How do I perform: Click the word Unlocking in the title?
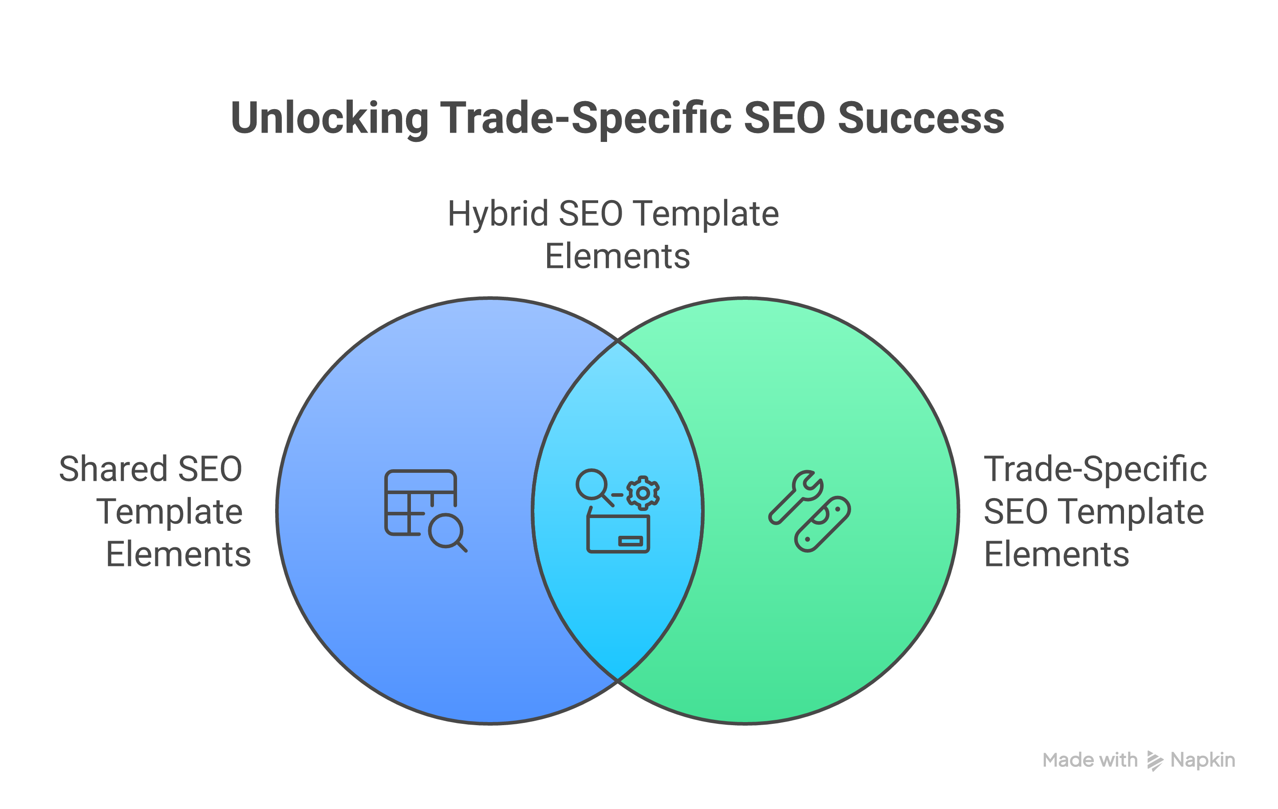coord(329,118)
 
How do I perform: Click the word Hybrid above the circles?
coord(498,214)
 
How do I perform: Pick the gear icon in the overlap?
coord(643,493)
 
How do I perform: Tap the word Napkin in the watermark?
coord(1203,760)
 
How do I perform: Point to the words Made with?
coord(1089,760)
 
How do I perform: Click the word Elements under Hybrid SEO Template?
coord(617,257)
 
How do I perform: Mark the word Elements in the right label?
coord(1056,554)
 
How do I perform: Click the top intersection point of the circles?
coord(618,341)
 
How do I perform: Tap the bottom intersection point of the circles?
coord(618,679)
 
